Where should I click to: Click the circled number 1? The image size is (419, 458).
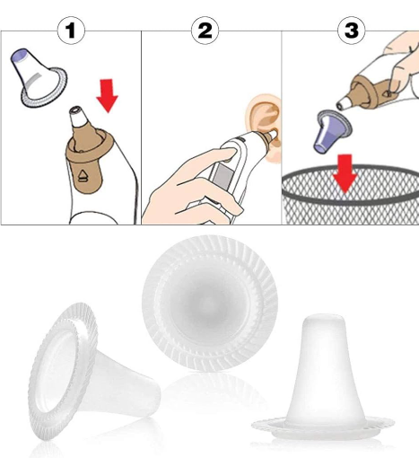click(71, 31)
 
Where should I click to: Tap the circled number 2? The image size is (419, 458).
click(205, 31)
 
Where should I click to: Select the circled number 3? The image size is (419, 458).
click(352, 31)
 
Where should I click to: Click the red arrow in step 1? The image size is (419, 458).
click(107, 95)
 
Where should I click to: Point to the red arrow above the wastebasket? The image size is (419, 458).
click(345, 173)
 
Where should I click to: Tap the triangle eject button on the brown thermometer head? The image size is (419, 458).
click(83, 176)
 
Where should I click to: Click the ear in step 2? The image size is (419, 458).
click(266, 119)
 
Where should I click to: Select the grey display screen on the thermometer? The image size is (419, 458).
click(221, 174)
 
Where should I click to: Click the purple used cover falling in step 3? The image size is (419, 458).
click(332, 131)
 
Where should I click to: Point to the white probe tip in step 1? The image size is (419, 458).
click(77, 116)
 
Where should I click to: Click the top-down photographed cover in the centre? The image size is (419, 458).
click(210, 304)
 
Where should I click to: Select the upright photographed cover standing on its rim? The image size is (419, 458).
click(323, 380)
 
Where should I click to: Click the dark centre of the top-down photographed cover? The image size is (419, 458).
click(209, 304)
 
